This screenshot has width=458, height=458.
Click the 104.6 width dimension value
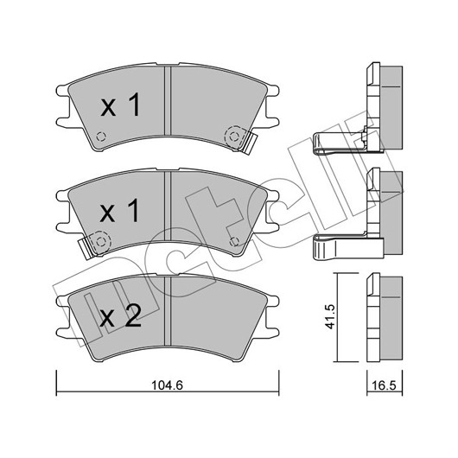(167, 385)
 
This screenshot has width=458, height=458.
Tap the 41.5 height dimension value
(331, 316)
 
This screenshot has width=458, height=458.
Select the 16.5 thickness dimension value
(384, 385)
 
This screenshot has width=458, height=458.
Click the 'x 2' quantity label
(121, 316)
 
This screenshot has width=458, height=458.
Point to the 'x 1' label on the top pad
(120, 105)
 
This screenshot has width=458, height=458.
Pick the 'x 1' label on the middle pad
(119, 211)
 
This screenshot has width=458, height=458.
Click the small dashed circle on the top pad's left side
(101, 137)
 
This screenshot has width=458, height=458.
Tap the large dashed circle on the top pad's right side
(233, 137)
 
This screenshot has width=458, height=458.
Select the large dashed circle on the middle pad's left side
(101, 242)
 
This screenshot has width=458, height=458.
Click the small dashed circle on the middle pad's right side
(234, 242)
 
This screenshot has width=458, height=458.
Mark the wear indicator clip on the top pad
(248, 143)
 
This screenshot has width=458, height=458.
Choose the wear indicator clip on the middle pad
(86, 248)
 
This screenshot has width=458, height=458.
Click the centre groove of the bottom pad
(168, 311)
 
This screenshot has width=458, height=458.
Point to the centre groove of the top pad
(168, 101)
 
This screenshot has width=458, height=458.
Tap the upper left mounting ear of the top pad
(62, 90)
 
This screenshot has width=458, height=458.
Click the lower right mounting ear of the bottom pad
(272, 333)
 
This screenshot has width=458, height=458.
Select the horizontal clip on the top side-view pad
(339, 143)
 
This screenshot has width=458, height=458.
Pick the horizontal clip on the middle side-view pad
(347, 248)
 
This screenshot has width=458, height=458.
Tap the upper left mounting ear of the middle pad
(62, 195)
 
